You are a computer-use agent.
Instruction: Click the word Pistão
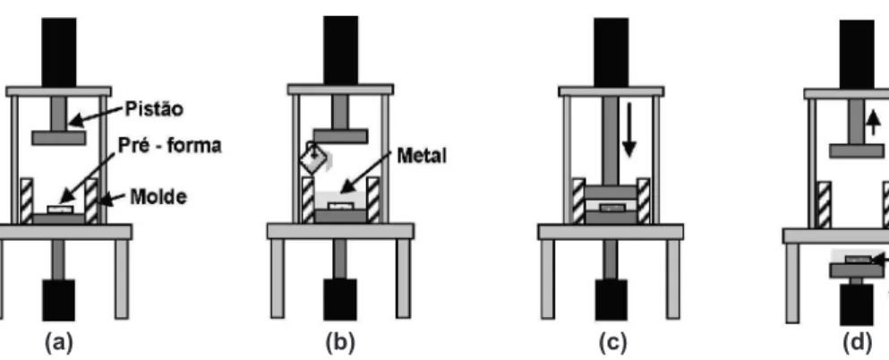[x=154, y=109]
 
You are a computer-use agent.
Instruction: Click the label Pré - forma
[x=169, y=146]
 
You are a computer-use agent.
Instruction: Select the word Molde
[x=158, y=197]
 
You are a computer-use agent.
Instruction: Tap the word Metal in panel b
[x=422, y=155]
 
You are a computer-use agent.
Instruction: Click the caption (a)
[x=59, y=342]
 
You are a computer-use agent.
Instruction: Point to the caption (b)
[x=340, y=342]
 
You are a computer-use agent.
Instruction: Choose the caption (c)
[x=612, y=342]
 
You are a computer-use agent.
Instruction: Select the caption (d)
[x=857, y=342]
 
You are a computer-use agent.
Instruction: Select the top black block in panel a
[x=59, y=52]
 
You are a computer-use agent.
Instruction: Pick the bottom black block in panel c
[x=611, y=299]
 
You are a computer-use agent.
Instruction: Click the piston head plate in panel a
[x=59, y=138]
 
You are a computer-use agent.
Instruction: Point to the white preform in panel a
[x=60, y=210]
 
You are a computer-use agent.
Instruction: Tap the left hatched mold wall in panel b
[x=308, y=200]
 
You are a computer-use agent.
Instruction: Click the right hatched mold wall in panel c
[x=644, y=201]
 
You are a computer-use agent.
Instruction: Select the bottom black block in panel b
[x=340, y=299]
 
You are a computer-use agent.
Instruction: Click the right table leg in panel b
[x=403, y=278]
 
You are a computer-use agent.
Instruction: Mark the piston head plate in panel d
[x=857, y=150]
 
